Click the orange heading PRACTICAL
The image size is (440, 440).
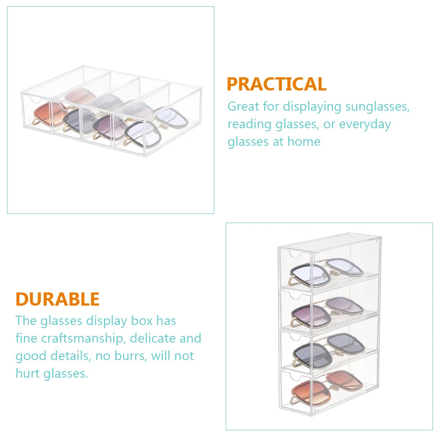276,84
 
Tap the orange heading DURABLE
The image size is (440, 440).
58,299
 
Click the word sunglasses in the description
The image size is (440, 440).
377,107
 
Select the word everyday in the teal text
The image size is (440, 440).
365,124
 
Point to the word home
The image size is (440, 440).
304,141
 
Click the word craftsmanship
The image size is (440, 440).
82,339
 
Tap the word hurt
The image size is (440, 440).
28,374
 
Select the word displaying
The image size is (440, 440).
312,107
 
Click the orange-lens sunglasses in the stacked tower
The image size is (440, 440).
327,387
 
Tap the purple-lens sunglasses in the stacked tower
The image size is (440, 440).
327,312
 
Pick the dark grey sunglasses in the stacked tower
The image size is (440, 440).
328,350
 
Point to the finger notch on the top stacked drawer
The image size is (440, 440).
295,256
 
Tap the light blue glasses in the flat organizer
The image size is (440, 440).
156,126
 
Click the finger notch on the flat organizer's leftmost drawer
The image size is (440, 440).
36,100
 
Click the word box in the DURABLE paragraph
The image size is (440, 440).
142,321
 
